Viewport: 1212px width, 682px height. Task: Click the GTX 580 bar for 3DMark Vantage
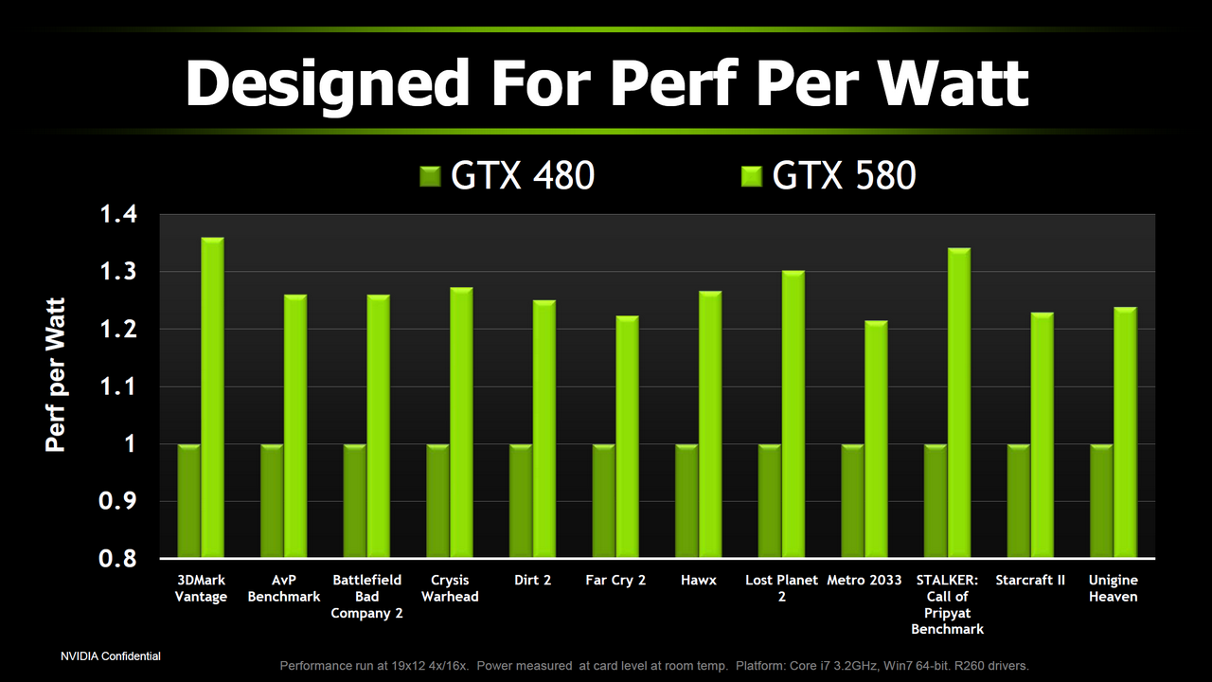tap(213, 398)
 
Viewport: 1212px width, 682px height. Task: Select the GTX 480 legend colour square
tap(431, 176)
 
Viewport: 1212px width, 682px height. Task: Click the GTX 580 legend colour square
tap(753, 176)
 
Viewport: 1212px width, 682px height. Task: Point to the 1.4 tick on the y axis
tap(118, 215)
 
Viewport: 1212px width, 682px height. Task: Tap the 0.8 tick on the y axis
tap(118, 559)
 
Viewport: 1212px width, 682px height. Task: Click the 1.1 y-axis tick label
tap(118, 387)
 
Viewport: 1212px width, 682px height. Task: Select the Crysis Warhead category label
tap(450, 588)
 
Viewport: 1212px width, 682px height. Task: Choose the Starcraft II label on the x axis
tap(1030, 580)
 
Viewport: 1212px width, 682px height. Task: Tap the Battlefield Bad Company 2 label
tap(367, 596)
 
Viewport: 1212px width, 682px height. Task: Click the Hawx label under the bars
tap(699, 580)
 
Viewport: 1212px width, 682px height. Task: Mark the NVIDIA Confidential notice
tap(111, 655)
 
